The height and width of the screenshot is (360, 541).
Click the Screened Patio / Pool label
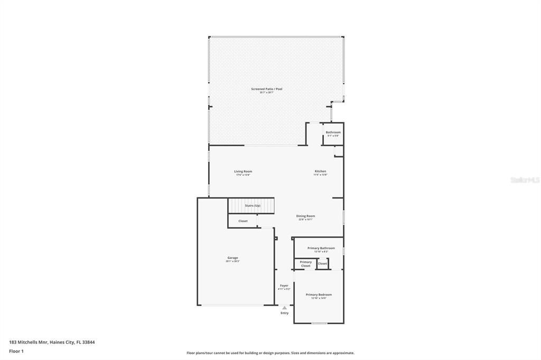coord(266,89)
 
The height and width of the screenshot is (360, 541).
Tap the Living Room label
coord(243,171)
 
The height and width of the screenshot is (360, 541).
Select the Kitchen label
coord(320,171)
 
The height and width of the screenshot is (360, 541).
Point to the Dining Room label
coord(305,215)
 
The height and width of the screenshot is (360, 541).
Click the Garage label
coord(232,258)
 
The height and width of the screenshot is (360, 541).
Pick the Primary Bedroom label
coord(319,295)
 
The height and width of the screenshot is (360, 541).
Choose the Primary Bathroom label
coord(321,248)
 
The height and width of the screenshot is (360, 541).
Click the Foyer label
coord(284,286)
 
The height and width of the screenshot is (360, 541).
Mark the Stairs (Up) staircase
coord(251,205)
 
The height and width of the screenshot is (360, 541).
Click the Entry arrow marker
coord(284,307)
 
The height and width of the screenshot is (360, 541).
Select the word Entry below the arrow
coord(284,313)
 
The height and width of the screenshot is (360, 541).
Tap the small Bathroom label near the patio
coord(333,132)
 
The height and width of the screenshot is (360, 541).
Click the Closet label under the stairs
coord(242,221)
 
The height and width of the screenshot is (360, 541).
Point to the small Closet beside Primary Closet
coord(322,263)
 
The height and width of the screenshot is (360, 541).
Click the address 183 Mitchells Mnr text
coord(52,342)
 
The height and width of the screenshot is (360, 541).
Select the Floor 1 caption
coord(16,351)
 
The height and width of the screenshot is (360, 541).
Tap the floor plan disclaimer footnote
coord(270,353)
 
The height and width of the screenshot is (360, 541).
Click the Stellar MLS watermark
coord(525,180)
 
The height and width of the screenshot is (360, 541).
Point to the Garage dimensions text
coord(232,261)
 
